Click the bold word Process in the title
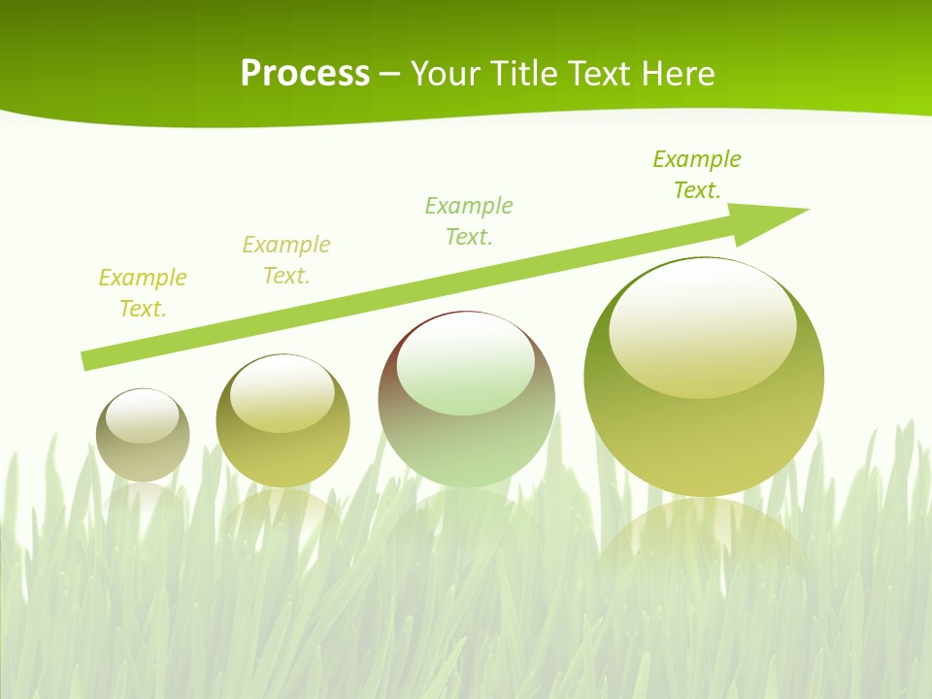[305, 74]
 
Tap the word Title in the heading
[524, 74]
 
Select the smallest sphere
[143, 435]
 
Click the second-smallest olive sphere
[283, 421]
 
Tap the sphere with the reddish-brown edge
[466, 399]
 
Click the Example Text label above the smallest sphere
[143, 293]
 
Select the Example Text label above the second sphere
[286, 260]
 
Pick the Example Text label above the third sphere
[469, 221]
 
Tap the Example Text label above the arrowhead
[697, 175]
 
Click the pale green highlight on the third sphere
[466, 365]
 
